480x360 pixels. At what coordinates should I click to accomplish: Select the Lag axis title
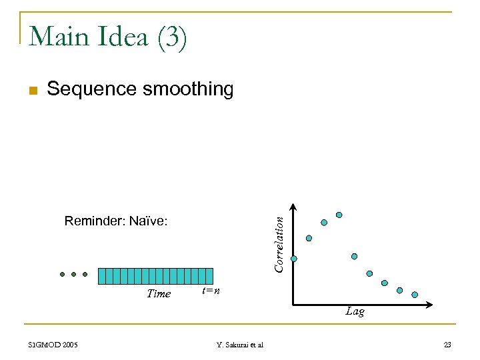[x=355, y=311]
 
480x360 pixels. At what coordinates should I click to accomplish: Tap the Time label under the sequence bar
[x=159, y=293]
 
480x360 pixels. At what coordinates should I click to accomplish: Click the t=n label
[x=211, y=291]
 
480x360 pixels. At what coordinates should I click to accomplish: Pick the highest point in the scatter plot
[x=339, y=215]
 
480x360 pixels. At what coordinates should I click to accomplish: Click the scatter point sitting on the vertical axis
[x=293, y=259]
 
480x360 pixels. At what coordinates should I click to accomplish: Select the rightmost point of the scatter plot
[x=415, y=294]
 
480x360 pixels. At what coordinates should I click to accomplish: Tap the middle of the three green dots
[x=73, y=274]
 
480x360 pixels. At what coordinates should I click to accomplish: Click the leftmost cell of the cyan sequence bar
[x=102, y=276]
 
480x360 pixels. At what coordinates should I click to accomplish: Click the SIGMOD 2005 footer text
[x=53, y=345]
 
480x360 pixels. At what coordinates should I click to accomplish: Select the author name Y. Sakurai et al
[x=240, y=345]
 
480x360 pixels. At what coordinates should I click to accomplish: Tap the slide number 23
[x=447, y=345]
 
